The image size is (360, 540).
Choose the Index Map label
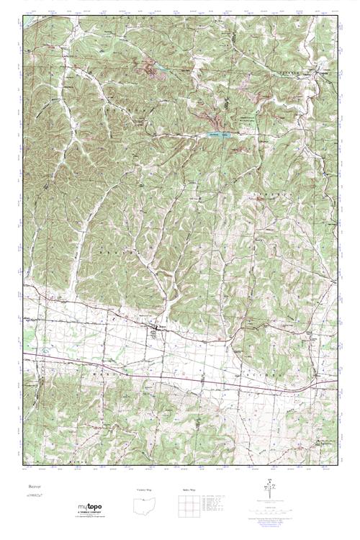(187, 489)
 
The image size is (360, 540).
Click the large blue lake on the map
(216, 135)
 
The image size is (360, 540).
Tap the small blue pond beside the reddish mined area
(159, 69)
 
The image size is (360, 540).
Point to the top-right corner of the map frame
(338, 14)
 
